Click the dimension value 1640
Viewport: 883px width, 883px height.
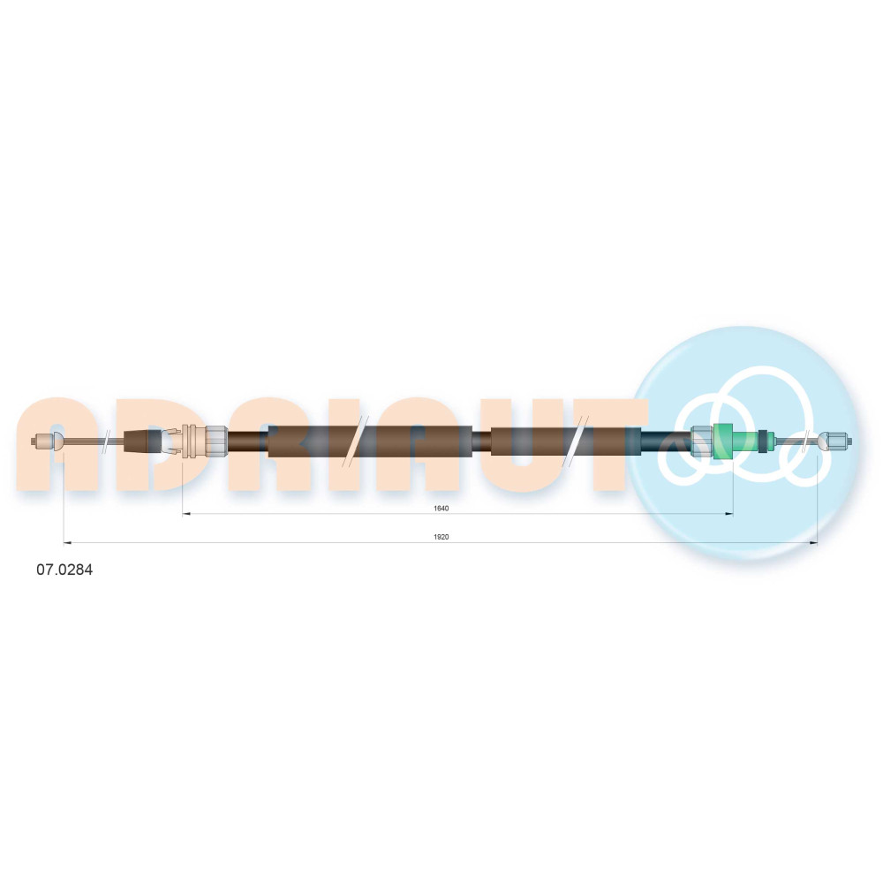tap(441, 509)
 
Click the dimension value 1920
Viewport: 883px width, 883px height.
tap(441, 537)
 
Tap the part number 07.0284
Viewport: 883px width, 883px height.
tap(64, 570)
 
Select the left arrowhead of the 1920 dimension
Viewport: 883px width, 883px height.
tap(68, 543)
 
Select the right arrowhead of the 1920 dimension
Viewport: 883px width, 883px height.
tap(813, 543)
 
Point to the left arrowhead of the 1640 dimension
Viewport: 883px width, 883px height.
tap(187, 514)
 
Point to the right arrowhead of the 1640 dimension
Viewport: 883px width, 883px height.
tap(728, 514)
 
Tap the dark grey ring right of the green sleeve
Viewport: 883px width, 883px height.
tap(763, 441)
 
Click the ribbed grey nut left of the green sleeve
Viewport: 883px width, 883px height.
tap(702, 440)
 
